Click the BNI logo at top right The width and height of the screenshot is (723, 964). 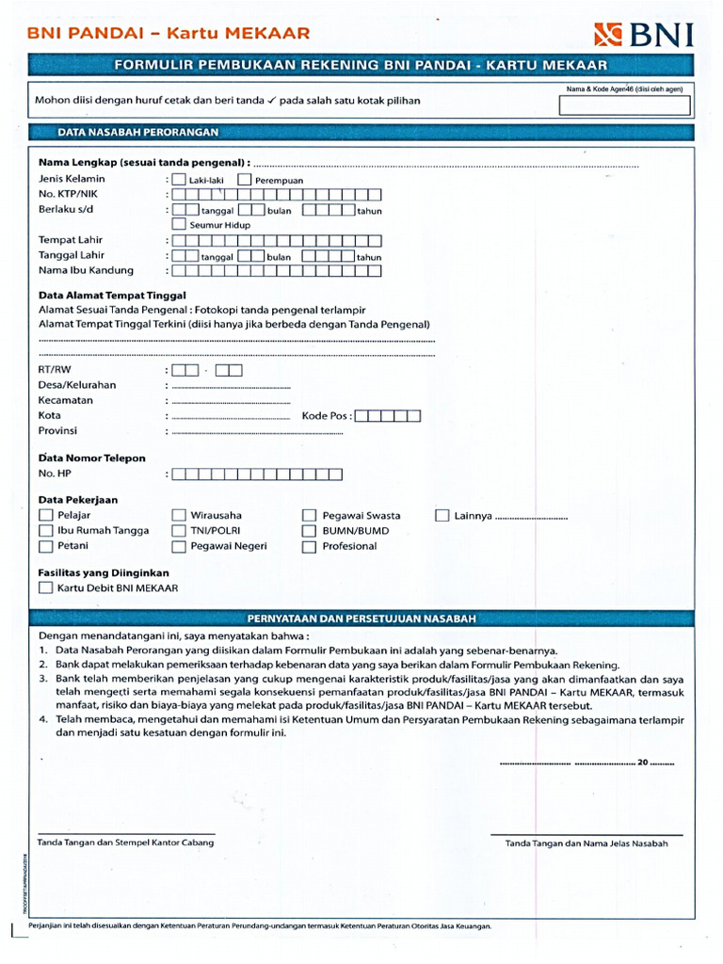(x=644, y=35)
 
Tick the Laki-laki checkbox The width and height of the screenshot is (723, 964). (x=180, y=179)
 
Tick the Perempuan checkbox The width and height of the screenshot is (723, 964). (x=245, y=179)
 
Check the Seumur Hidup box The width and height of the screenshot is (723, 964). (x=180, y=225)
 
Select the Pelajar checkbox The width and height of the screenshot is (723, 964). (x=46, y=515)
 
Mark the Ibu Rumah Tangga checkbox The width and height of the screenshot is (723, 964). (x=46, y=530)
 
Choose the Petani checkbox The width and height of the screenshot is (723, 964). (x=46, y=546)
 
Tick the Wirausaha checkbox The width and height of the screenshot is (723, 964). (x=179, y=515)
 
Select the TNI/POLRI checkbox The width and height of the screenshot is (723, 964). (x=179, y=530)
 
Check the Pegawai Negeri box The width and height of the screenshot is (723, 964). (x=179, y=546)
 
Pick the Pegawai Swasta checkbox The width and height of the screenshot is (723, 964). (x=309, y=515)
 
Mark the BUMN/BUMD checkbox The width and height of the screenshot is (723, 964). (x=309, y=530)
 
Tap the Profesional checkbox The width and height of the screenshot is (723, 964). (x=309, y=546)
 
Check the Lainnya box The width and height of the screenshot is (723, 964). (x=442, y=515)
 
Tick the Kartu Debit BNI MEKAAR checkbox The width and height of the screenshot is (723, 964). (x=46, y=587)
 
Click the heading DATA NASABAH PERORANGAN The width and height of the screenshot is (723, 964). (x=138, y=133)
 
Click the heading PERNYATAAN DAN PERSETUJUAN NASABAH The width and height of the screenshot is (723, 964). (x=361, y=619)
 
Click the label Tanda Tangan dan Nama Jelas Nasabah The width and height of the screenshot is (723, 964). (x=586, y=843)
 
